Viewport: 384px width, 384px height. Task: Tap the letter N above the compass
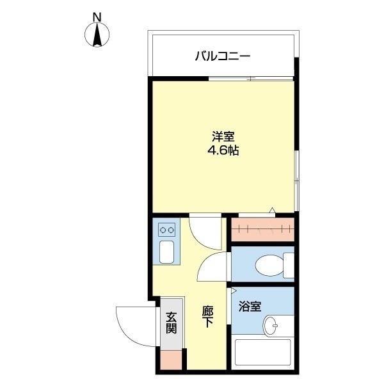[x=97, y=15]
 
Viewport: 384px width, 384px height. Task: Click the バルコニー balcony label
[x=222, y=56]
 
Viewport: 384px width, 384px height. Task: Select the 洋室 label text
[x=223, y=137]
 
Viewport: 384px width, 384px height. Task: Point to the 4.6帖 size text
[x=223, y=152]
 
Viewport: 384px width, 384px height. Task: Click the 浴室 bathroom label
[x=250, y=306]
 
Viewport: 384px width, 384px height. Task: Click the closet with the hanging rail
[x=262, y=228]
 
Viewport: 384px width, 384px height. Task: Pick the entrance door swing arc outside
[x=132, y=325]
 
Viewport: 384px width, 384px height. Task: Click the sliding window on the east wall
[x=296, y=173]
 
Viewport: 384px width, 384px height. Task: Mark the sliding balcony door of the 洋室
[x=251, y=78]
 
